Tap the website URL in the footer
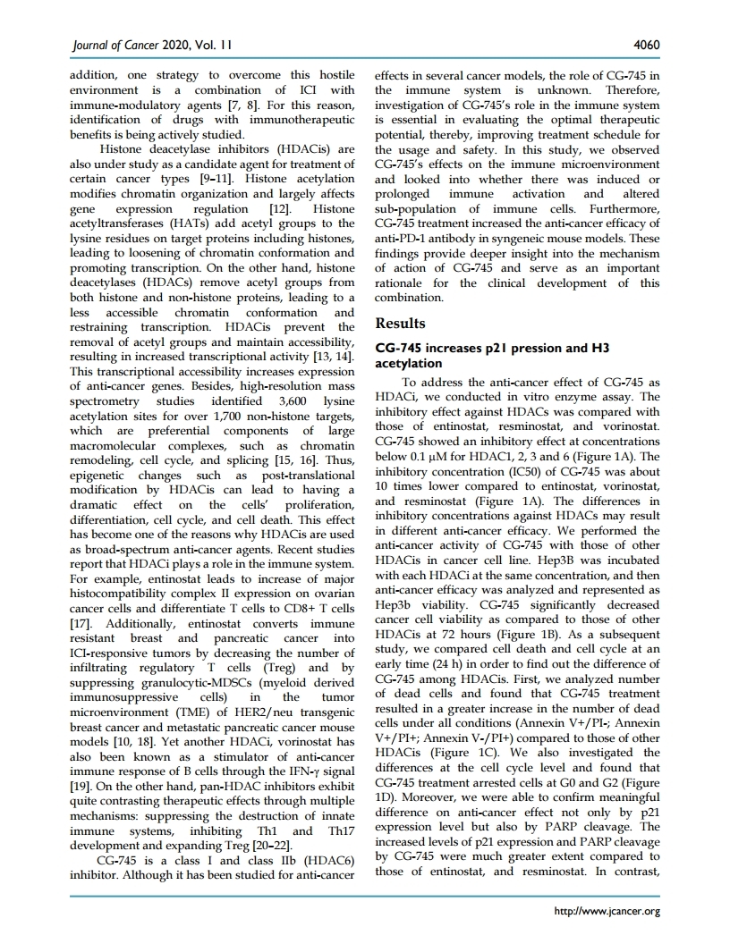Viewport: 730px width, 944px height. pyautogui.click(x=608, y=912)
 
